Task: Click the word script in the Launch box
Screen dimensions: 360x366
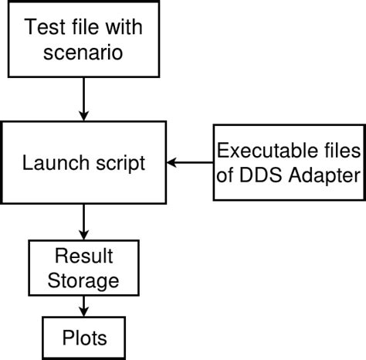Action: (117, 163)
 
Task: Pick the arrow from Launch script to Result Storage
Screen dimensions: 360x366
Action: (83, 222)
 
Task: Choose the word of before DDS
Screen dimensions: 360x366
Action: (231, 175)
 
